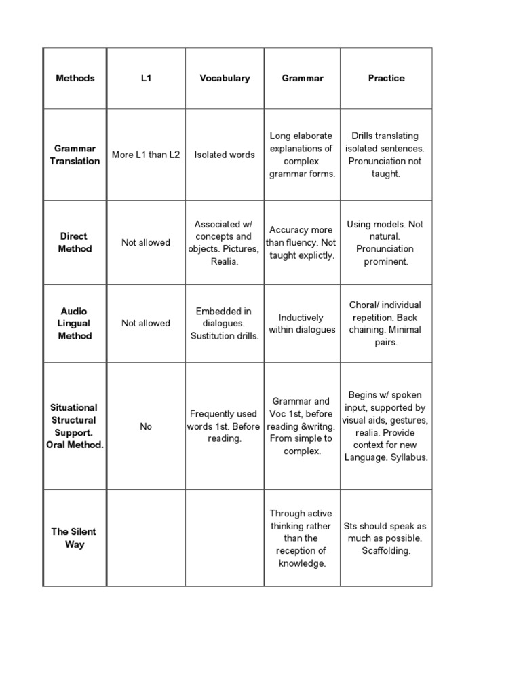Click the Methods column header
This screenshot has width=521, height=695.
point(75,78)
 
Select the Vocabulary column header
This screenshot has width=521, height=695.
point(225,78)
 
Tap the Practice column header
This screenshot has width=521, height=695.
point(386,78)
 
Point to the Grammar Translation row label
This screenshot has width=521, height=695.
point(75,155)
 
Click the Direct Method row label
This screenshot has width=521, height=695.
point(74,242)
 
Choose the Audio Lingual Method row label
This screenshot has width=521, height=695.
point(74,323)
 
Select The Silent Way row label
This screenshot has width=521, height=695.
point(74,538)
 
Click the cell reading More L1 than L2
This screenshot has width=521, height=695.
point(146,155)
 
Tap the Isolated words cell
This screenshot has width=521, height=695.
point(225,155)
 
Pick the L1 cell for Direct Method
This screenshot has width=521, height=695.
point(146,242)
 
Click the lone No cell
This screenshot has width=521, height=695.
point(146,426)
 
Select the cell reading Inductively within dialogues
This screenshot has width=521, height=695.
point(302,323)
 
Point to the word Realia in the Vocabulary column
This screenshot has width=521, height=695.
point(225,261)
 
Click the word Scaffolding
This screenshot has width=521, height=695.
point(386,550)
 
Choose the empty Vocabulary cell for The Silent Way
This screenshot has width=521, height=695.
point(225,538)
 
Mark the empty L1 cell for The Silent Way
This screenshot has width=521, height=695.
point(146,538)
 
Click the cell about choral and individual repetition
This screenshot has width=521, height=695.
point(385,323)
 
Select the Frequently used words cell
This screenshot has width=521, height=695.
point(224,426)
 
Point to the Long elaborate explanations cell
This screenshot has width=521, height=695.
point(302,155)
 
